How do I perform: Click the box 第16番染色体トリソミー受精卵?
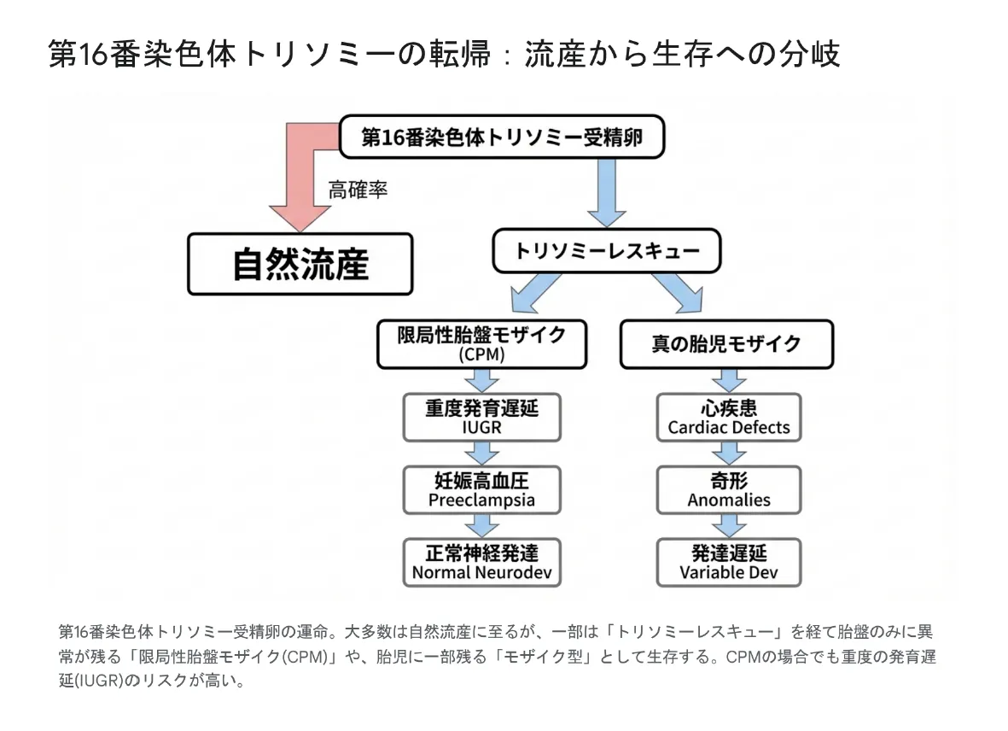501,137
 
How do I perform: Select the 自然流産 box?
300,264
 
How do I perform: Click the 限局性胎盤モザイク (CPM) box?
481,343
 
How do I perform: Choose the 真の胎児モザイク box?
725,343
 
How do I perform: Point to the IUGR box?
481,417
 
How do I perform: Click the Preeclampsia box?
481,489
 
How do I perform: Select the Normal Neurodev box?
481,562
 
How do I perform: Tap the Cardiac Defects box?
728,417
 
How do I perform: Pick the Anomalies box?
728,489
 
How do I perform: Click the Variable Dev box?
728,562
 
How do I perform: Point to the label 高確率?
358,190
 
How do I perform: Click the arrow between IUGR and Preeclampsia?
481,453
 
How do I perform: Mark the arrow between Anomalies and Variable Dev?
728,525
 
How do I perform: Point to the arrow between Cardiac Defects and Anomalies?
728,453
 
